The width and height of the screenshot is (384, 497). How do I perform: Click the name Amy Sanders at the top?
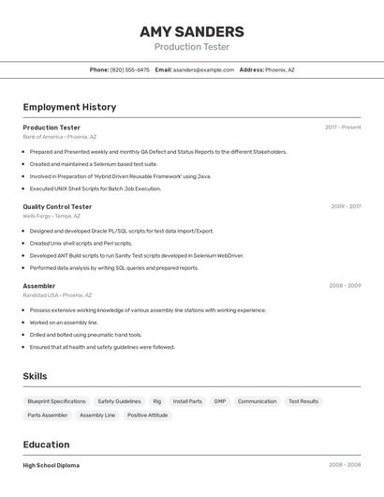[x=192, y=32]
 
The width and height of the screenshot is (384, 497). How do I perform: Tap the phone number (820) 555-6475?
[x=130, y=70]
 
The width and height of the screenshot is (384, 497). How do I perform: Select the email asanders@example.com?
[x=203, y=70]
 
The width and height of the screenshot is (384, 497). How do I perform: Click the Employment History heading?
[x=69, y=107]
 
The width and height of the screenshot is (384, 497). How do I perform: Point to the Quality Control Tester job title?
[x=57, y=206]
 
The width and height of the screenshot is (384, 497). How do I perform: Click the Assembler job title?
[x=39, y=286]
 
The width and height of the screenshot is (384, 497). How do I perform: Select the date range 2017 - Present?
[x=343, y=128]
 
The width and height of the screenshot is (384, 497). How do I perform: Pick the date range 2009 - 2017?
[x=346, y=206]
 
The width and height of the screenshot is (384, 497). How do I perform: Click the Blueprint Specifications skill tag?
[x=56, y=401]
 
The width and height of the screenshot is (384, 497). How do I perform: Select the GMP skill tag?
[x=220, y=401]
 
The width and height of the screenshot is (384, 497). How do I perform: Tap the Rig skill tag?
[x=157, y=401]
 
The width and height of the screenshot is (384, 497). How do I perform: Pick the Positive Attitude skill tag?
[x=148, y=415]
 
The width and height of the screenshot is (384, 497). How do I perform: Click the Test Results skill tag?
[x=303, y=401]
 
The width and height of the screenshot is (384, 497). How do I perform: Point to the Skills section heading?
[x=36, y=376]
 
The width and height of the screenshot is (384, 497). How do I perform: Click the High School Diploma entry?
[x=52, y=465]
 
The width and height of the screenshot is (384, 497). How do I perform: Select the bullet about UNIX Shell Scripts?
[x=96, y=188]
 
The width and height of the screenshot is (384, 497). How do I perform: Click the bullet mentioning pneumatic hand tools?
[x=86, y=335]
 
